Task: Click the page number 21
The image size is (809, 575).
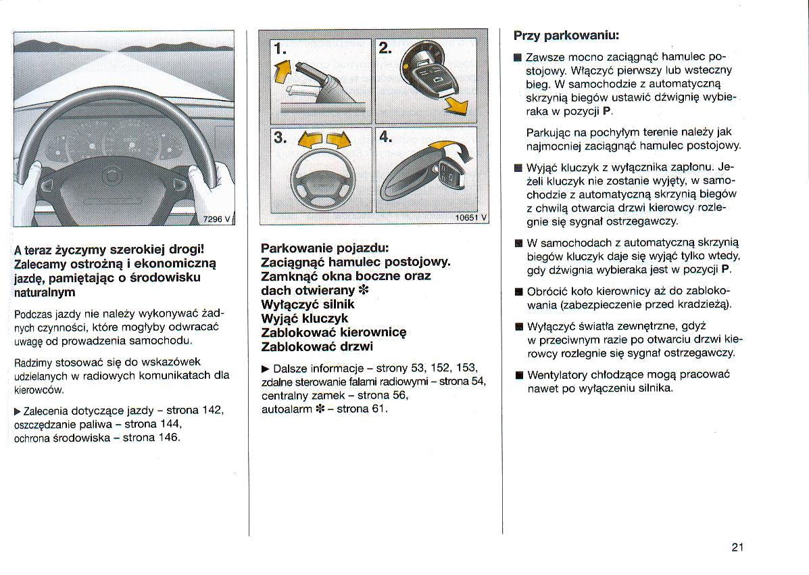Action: (x=737, y=547)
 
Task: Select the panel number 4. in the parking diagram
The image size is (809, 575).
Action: (x=386, y=137)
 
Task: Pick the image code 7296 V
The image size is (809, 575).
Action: (x=218, y=217)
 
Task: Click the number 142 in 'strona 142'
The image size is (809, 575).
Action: (x=212, y=411)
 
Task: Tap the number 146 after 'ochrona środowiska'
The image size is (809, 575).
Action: (x=168, y=437)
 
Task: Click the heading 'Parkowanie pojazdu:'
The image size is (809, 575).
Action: (x=325, y=248)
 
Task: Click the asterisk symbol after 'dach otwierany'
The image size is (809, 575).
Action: (x=366, y=291)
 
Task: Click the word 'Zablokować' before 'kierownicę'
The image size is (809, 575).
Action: (x=299, y=332)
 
